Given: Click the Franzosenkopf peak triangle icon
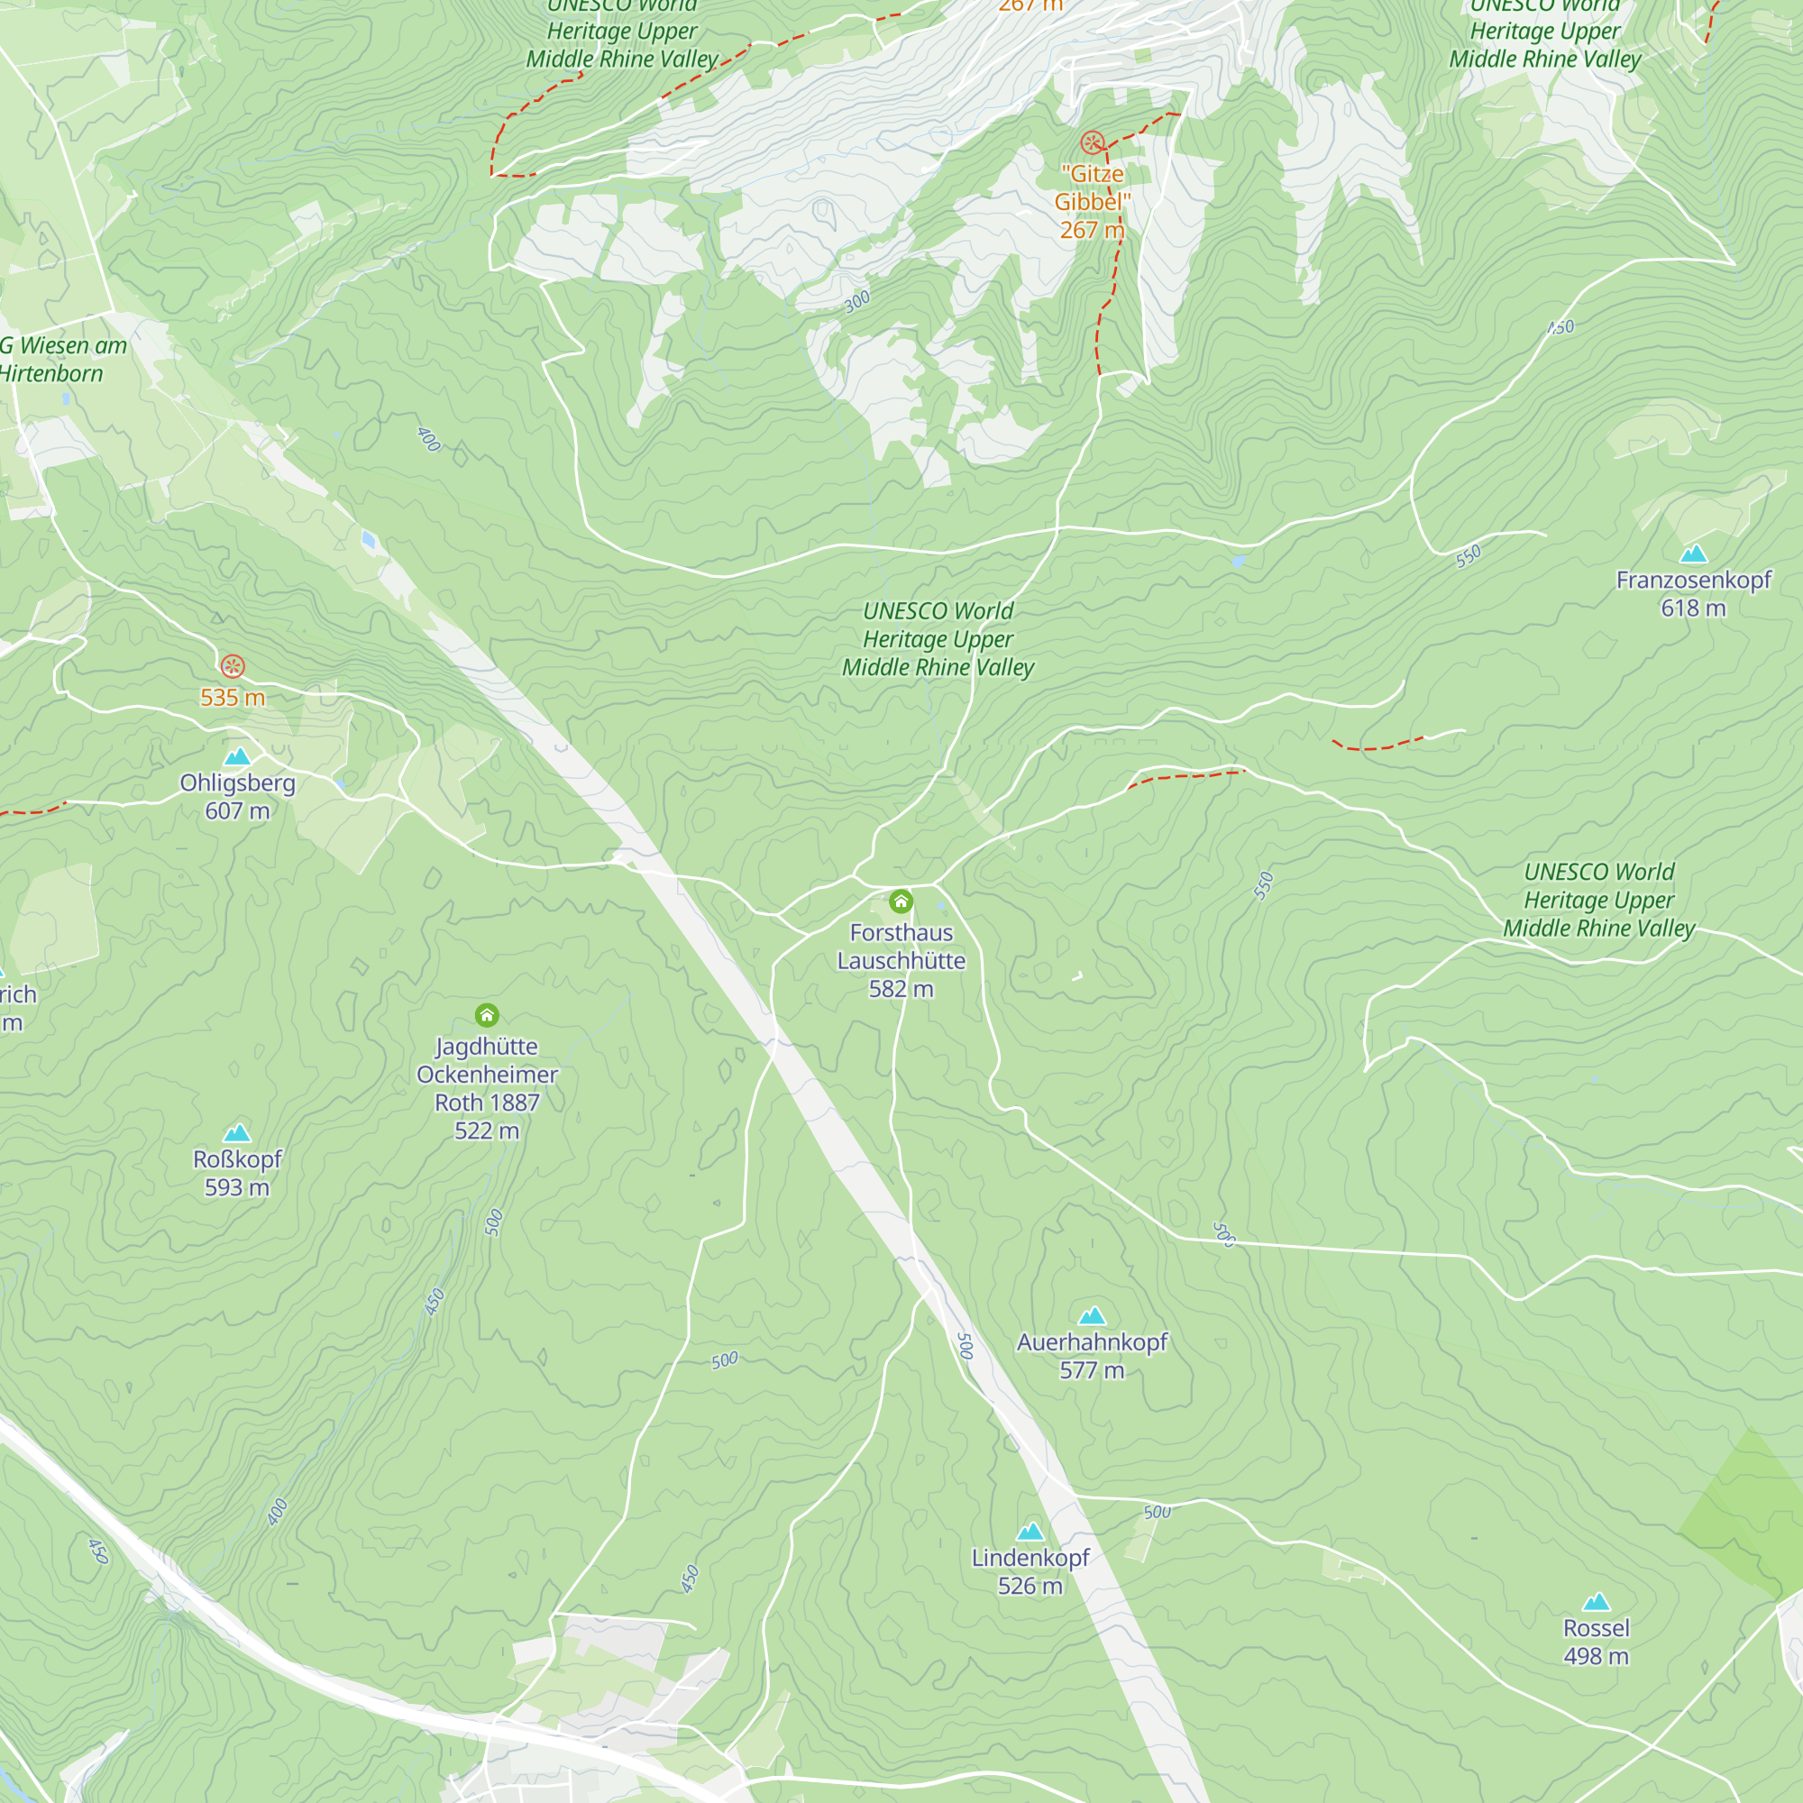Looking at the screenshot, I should tap(1693, 554).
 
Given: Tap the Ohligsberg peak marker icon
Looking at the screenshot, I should tap(237, 757).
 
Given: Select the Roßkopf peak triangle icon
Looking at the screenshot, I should tap(237, 1133).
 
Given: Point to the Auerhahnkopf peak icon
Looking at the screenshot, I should tap(1092, 1316).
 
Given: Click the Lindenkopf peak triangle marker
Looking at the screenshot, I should tap(1030, 1532).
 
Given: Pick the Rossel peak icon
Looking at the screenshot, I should tap(1596, 1602).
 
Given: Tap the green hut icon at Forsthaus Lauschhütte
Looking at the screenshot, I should tap(901, 901).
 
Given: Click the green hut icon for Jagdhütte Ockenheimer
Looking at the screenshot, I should tap(486, 1014).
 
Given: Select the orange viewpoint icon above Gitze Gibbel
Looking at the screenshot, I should tap(1092, 142).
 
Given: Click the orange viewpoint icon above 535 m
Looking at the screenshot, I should tap(233, 666).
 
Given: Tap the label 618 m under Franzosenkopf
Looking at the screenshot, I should tap(1693, 609).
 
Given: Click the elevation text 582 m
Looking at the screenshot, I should tap(901, 989).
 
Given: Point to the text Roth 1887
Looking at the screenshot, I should tap(486, 1103).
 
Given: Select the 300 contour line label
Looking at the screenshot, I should tap(856, 301).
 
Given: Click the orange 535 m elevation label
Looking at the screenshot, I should tap(233, 698).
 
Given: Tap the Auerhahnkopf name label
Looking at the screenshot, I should tap(1092, 1342).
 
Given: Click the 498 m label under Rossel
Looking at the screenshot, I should tap(1596, 1656).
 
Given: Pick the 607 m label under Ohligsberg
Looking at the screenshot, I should tap(237, 811).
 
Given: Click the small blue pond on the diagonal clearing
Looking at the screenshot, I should tap(369, 539).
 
